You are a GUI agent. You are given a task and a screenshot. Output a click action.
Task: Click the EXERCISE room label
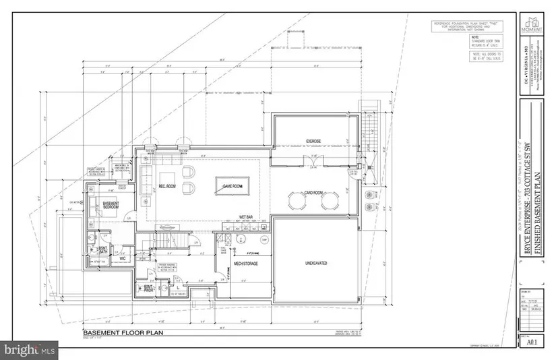click(x=313, y=140)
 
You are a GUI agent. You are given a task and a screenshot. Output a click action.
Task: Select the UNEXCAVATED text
click(x=315, y=263)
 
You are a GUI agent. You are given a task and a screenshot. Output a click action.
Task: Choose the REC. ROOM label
click(x=166, y=187)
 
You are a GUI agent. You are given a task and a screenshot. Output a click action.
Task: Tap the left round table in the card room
click(x=296, y=201)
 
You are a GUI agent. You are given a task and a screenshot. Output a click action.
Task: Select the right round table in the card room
click(x=329, y=201)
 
